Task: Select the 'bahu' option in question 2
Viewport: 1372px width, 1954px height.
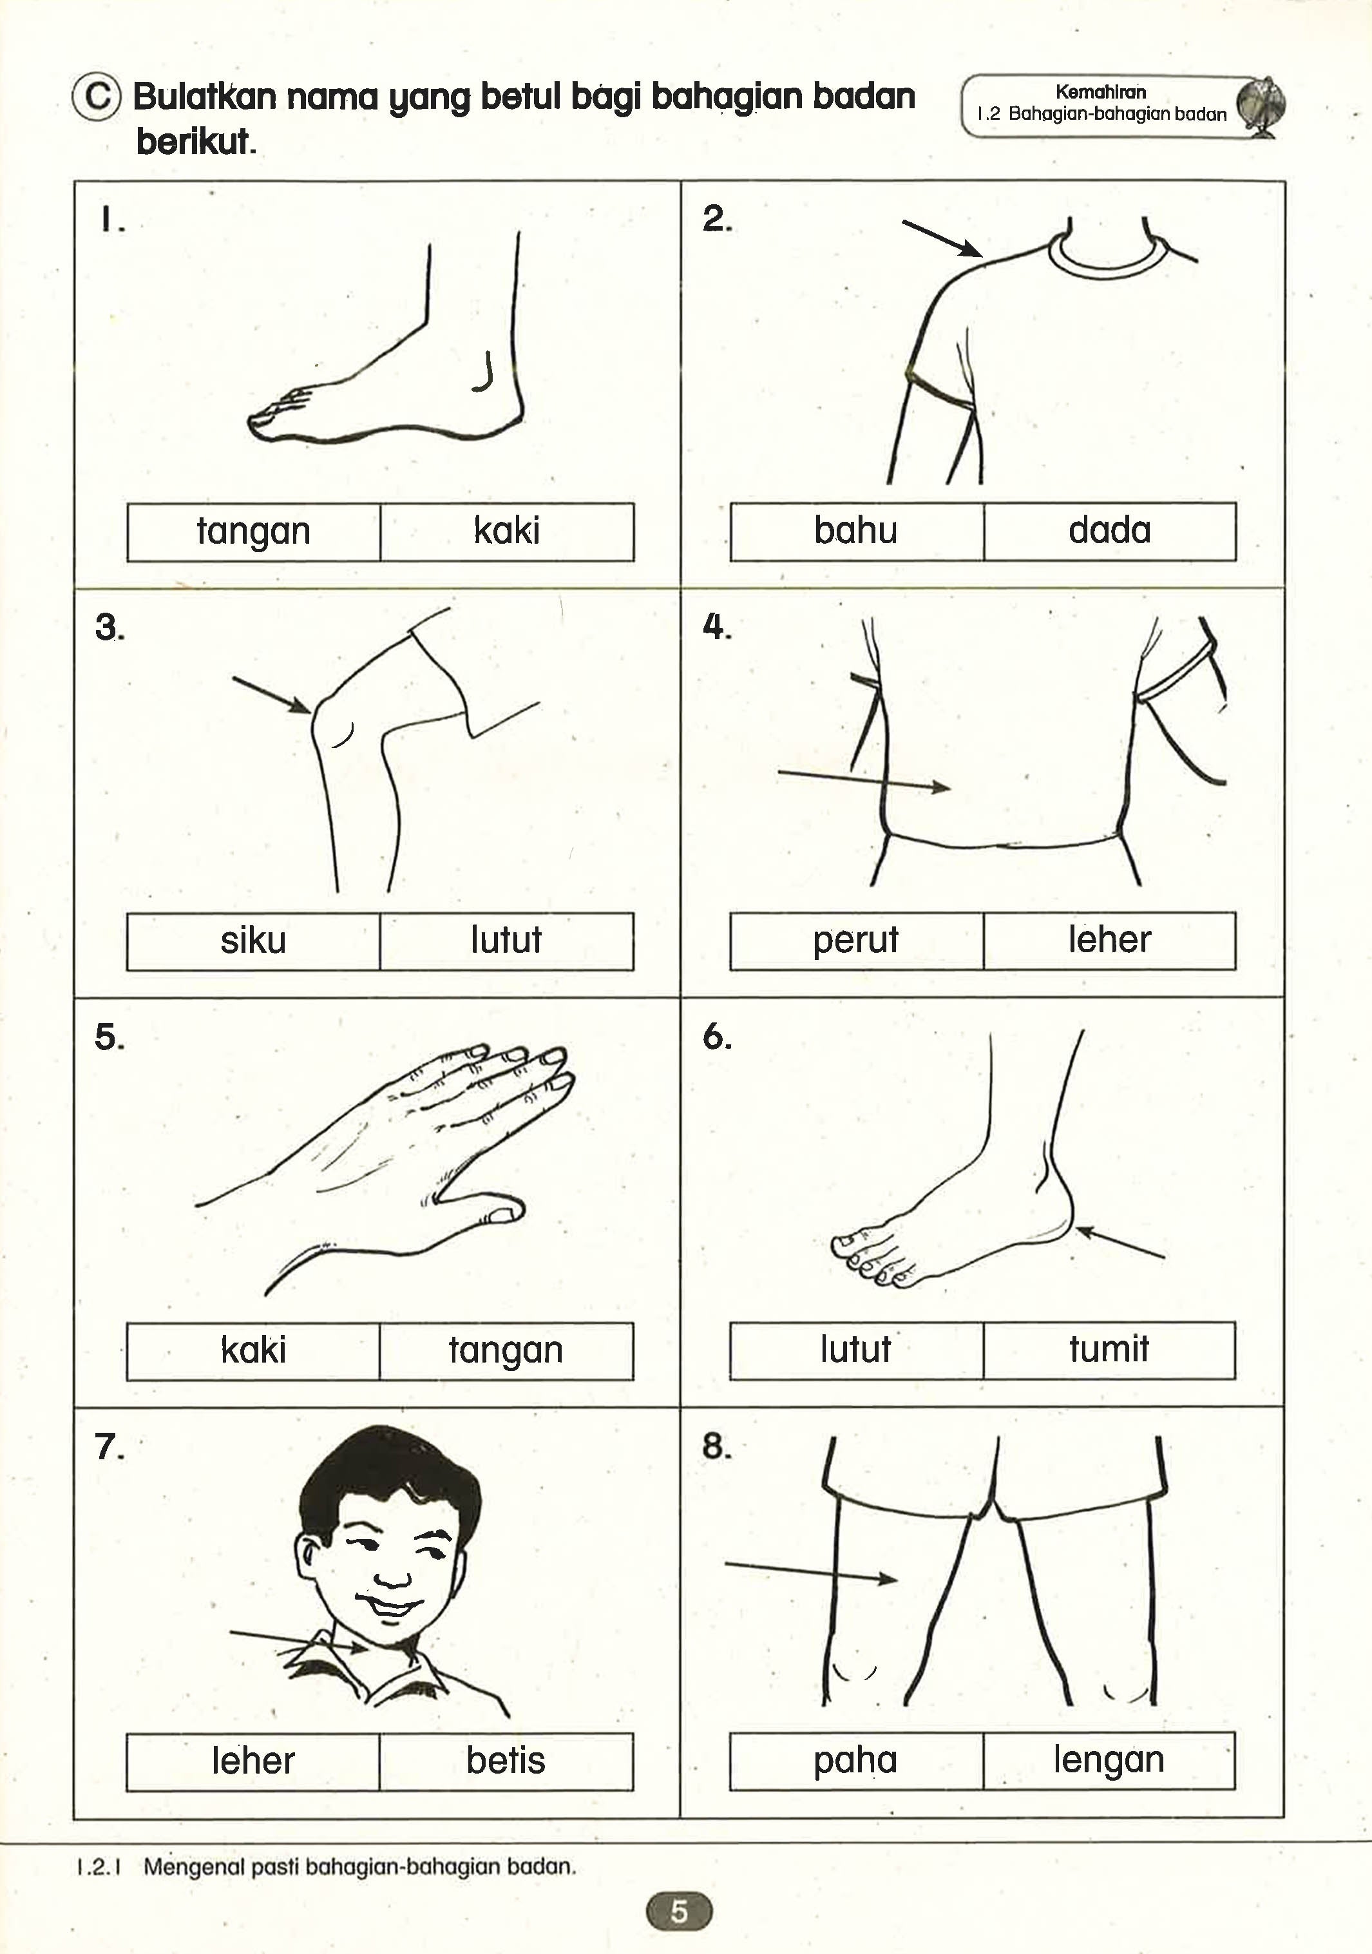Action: pos(855,530)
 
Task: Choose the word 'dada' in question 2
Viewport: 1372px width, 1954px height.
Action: pos(1109,530)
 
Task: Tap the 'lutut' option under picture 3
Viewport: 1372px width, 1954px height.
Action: pos(506,941)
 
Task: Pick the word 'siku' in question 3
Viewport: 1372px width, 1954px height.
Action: pos(252,941)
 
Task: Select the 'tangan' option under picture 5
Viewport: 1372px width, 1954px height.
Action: pos(506,1350)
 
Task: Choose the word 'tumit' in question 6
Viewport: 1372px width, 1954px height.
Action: pos(1109,1349)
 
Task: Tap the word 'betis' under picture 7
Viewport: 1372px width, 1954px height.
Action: pos(506,1760)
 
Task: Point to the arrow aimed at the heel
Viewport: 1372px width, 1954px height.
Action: pos(1120,1243)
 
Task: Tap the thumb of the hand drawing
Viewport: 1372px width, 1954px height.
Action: pos(498,1212)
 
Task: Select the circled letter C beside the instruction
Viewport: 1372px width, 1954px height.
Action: pos(97,97)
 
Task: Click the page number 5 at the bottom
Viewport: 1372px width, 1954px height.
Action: pos(678,1911)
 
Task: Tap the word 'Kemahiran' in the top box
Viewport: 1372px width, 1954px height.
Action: pos(1100,92)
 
